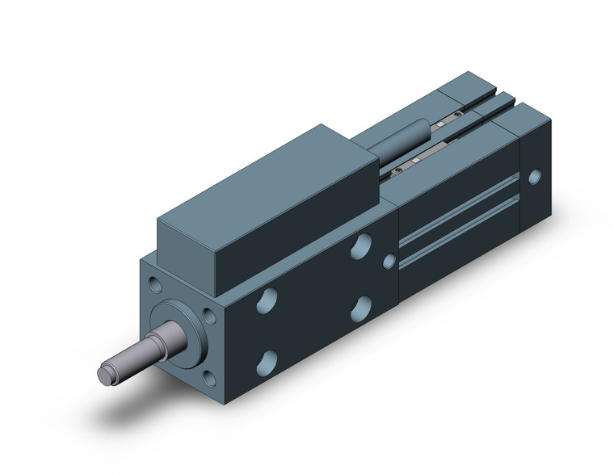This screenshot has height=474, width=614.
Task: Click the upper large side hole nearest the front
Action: [264, 302]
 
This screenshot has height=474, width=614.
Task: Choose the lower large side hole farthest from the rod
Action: [362, 307]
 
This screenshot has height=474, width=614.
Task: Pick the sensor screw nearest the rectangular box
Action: [397, 170]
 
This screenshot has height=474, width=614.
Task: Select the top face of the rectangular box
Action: [267, 173]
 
